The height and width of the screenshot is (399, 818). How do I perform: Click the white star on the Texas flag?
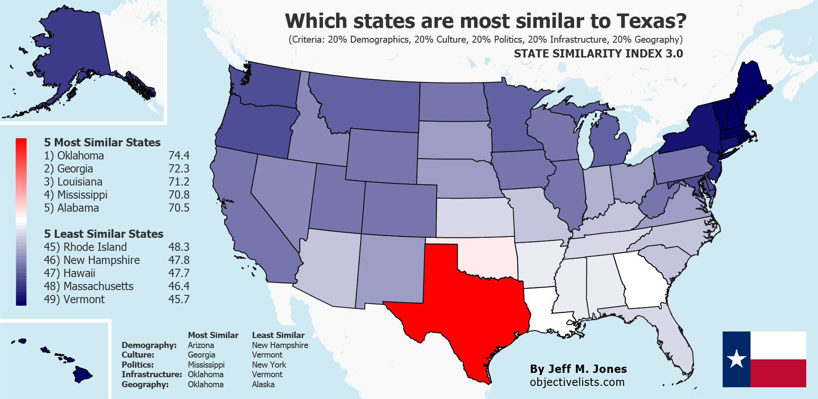[x=737, y=359]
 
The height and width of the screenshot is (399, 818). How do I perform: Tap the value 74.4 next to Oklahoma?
[x=179, y=156]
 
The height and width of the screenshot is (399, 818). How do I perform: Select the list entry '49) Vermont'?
[x=74, y=299]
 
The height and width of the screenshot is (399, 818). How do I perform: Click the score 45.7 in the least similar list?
[x=179, y=299]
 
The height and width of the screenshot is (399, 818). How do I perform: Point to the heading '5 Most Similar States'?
[x=102, y=142]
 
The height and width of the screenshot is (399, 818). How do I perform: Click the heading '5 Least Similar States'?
[x=104, y=234]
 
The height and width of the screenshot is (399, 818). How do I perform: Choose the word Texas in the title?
[x=651, y=21]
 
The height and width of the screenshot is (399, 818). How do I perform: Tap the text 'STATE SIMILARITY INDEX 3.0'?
[x=598, y=54]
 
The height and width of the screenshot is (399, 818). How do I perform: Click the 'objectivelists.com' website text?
[x=577, y=382]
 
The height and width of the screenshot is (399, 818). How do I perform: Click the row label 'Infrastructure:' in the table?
[x=151, y=375]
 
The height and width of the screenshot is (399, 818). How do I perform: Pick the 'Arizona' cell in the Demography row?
[x=201, y=345]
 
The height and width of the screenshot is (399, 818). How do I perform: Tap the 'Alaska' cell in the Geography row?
[x=263, y=385]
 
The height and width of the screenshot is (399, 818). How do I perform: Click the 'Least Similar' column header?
[x=278, y=335]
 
